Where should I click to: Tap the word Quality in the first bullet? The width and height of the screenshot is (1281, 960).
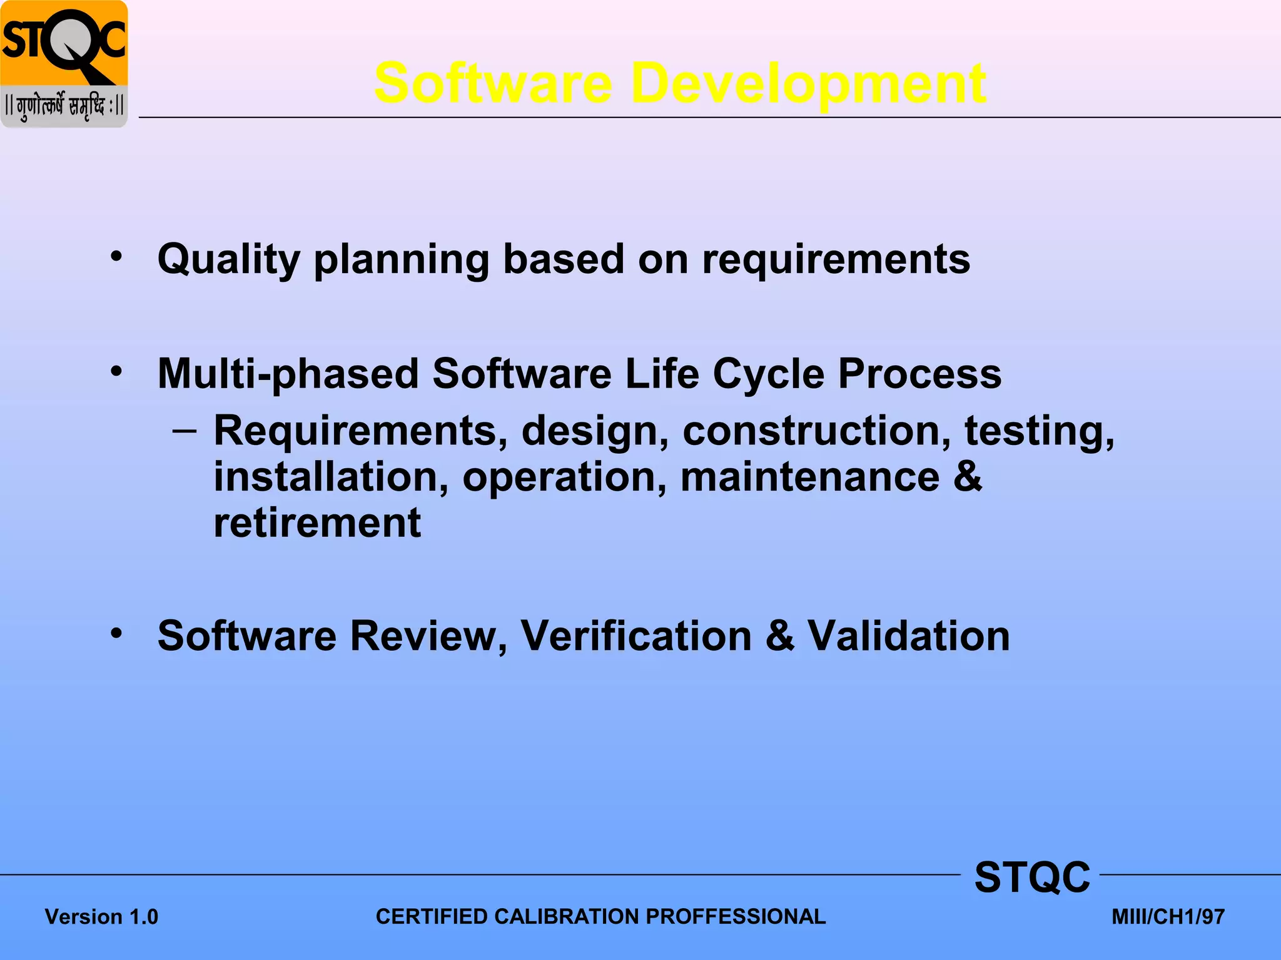pyautogui.click(x=228, y=259)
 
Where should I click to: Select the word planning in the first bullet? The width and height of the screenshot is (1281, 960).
pyautogui.click(x=400, y=259)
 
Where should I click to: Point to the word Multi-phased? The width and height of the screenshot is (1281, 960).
pyautogui.click(x=288, y=374)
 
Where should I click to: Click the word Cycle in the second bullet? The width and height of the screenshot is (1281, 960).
pyautogui.click(x=768, y=374)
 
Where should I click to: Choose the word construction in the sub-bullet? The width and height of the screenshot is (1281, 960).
pyautogui.click(x=816, y=431)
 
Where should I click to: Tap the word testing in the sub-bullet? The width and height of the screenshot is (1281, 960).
pyautogui.click(x=1039, y=431)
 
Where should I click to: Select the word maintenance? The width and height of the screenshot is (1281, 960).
pyautogui.click(x=809, y=477)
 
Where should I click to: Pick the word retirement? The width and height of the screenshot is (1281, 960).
pyautogui.click(x=317, y=523)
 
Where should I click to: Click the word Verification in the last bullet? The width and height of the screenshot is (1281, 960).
pyautogui.click(x=635, y=636)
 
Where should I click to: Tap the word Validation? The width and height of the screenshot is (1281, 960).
pyautogui.click(x=908, y=636)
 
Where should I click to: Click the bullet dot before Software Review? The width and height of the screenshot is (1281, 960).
pyautogui.click(x=116, y=633)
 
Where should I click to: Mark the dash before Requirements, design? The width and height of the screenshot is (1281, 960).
pyautogui.click(x=184, y=431)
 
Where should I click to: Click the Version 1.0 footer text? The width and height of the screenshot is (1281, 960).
pyautogui.click(x=101, y=917)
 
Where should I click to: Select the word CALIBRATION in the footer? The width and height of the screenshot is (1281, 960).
pyautogui.click(x=569, y=917)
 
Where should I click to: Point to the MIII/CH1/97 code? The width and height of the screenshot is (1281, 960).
pyautogui.click(x=1168, y=917)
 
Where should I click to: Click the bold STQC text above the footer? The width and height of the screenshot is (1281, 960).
pyautogui.click(x=1032, y=877)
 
